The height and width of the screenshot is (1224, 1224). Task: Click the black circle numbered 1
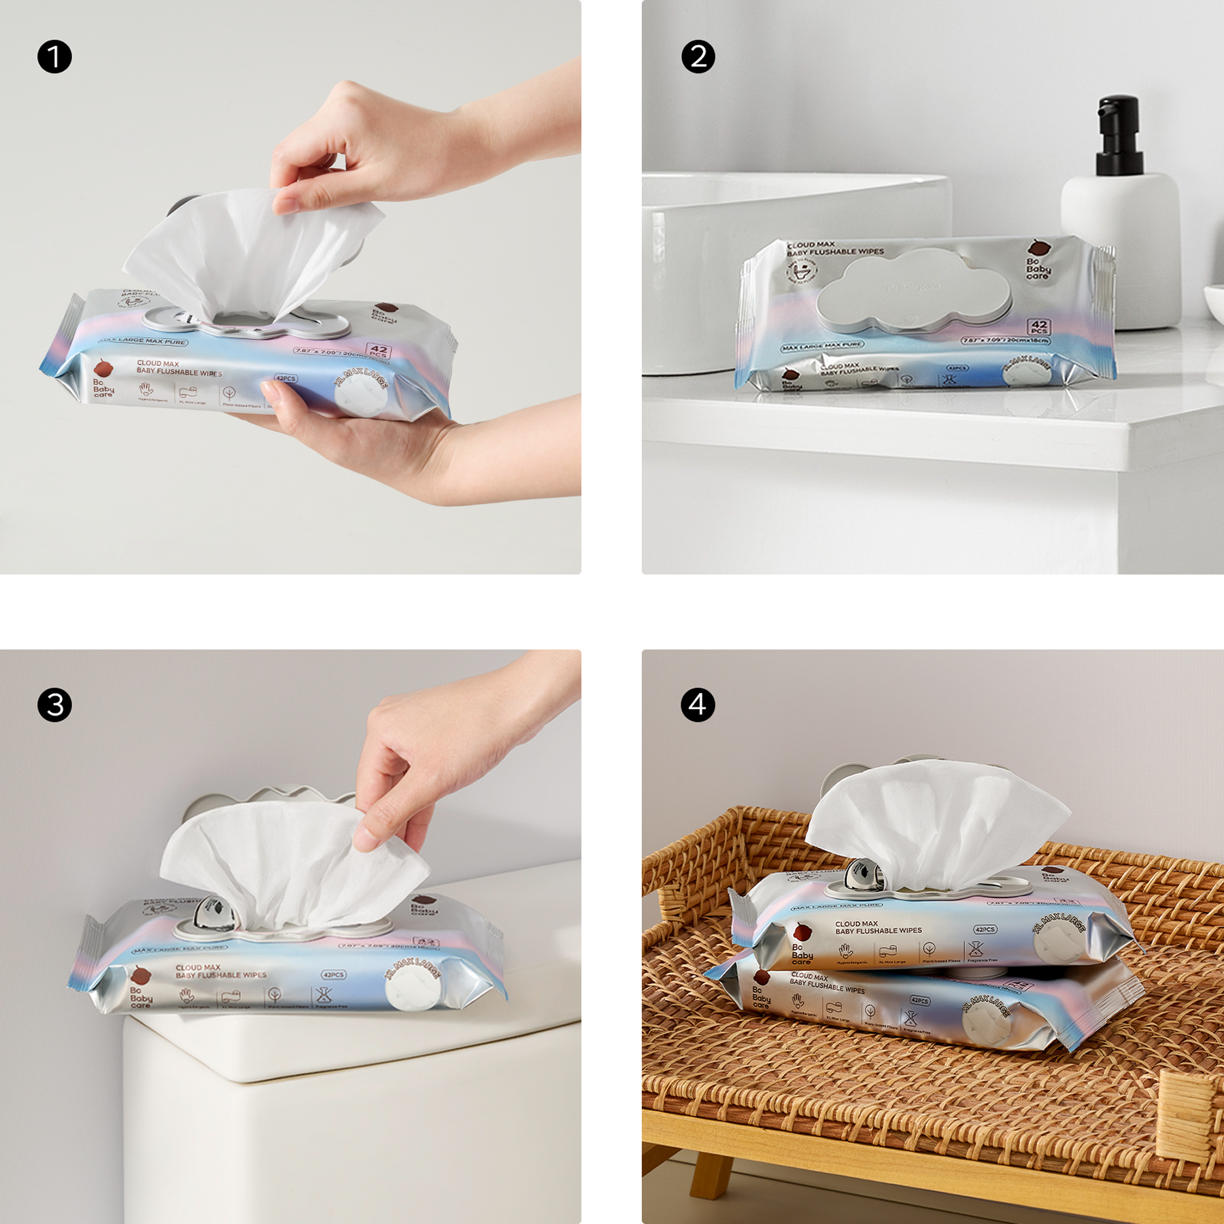click(x=54, y=56)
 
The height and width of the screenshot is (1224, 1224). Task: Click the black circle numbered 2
click(x=698, y=56)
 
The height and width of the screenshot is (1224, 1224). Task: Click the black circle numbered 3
click(x=54, y=704)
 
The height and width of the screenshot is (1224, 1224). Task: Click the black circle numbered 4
click(x=698, y=704)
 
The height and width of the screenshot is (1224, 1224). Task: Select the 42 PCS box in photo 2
click(x=1040, y=327)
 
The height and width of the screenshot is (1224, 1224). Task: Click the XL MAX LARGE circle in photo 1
click(x=360, y=392)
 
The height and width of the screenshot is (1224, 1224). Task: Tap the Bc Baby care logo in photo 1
click(x=103, y=381)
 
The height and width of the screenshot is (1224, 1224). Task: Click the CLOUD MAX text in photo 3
click(x=198, y=967)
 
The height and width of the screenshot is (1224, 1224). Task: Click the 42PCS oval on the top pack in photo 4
click(x=985, y=929)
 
